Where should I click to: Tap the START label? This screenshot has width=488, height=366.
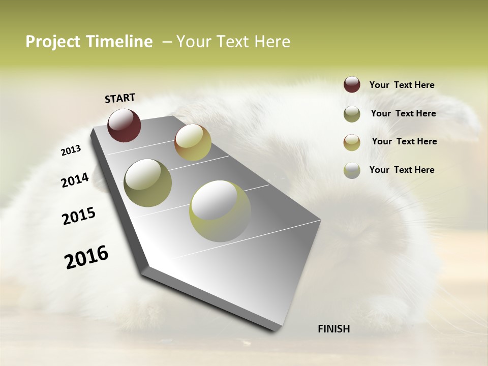[120, 98]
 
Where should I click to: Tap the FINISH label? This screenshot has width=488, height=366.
[333, 329]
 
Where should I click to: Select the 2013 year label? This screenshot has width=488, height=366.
[71, 150]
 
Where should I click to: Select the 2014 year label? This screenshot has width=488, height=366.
[75, 180]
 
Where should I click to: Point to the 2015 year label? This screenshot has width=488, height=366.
[79, 216]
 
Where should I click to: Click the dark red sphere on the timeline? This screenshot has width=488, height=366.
[124, 125]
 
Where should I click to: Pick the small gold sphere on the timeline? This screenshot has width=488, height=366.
[193, 142]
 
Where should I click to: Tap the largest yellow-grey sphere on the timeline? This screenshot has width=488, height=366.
[220, 211]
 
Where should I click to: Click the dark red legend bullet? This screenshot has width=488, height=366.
[352, 85]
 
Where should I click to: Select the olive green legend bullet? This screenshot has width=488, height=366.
[352, 114]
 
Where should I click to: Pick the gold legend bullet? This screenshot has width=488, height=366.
[352, 142]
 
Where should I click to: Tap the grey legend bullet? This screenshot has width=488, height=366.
[352, 170]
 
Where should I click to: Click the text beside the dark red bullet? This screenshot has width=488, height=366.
[402, 85]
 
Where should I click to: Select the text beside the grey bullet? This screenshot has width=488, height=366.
[402, 170]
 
